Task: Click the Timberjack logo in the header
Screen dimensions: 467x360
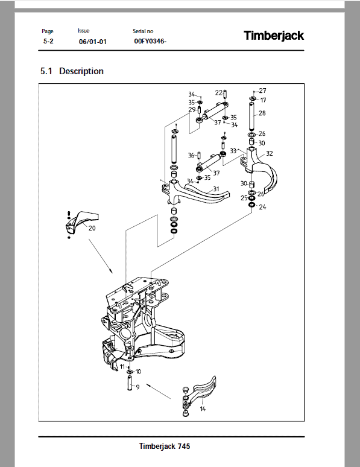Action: [x=274, y=36]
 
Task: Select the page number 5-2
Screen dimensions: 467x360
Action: [x=48, y=42]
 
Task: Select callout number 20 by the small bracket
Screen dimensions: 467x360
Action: [x=92, y=228]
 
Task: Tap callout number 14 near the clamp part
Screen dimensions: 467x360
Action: [x=203, y=409]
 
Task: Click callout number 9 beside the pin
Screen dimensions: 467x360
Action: [x=137, y=387]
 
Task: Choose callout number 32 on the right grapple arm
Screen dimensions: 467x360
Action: [x=269, y=153]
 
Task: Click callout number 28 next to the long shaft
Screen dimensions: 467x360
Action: [x=262, y=113]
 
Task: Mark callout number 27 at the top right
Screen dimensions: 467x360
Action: [x=262, y=91]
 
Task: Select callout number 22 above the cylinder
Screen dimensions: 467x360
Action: [x=219, y=92]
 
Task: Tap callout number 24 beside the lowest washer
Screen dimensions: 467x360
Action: [x=262, y=207]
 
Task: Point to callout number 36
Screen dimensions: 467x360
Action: [x=191, y=156]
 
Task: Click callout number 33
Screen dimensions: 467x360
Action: [x=232, y=150]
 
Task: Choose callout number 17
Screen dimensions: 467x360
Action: [x=263, y=100]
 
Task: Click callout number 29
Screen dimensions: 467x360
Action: [x=192, y=110]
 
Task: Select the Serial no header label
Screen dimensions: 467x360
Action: [x=143, y=31]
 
